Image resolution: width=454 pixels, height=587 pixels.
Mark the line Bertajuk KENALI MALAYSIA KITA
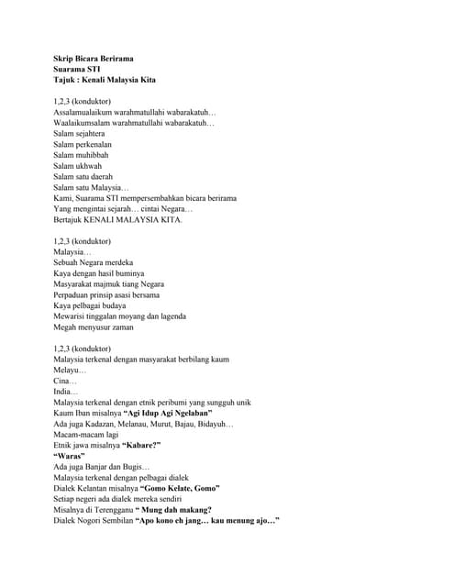117,219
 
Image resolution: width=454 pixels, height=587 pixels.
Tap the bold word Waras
70,456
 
